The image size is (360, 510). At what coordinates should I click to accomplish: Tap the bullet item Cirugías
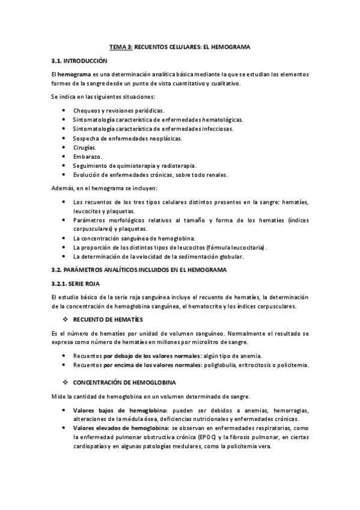(x=84, y=147)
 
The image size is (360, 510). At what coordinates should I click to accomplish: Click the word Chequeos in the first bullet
(x=87, y=111)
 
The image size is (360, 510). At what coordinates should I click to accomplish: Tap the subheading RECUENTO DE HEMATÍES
(x=108, y=318)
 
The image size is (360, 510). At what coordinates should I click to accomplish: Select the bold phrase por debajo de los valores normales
(x=145, y=355)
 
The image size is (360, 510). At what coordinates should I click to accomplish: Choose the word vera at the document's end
(x=264, y=446)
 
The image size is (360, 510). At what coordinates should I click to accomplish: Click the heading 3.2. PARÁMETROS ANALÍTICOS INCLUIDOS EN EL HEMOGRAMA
(x=138, y=270)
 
